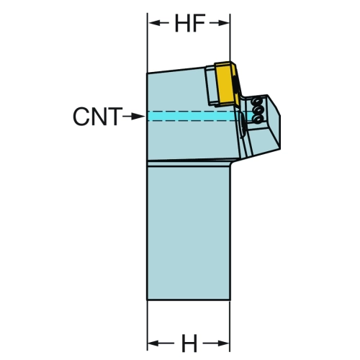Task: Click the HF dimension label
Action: (190, 23)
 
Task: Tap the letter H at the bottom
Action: (189, 343)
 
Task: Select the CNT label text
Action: (97, 117)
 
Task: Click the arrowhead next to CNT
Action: (138, 117)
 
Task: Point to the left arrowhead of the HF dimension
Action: (155, 23)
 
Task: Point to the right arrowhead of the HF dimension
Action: (222, 23)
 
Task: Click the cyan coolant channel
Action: (192, 116)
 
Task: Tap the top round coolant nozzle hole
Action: (257, 102)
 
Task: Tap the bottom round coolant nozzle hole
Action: (258, 119)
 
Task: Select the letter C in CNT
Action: (81, 117)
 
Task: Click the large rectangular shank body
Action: (189, 233)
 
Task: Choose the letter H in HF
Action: (183, 23)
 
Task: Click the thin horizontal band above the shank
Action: (189, 163)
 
